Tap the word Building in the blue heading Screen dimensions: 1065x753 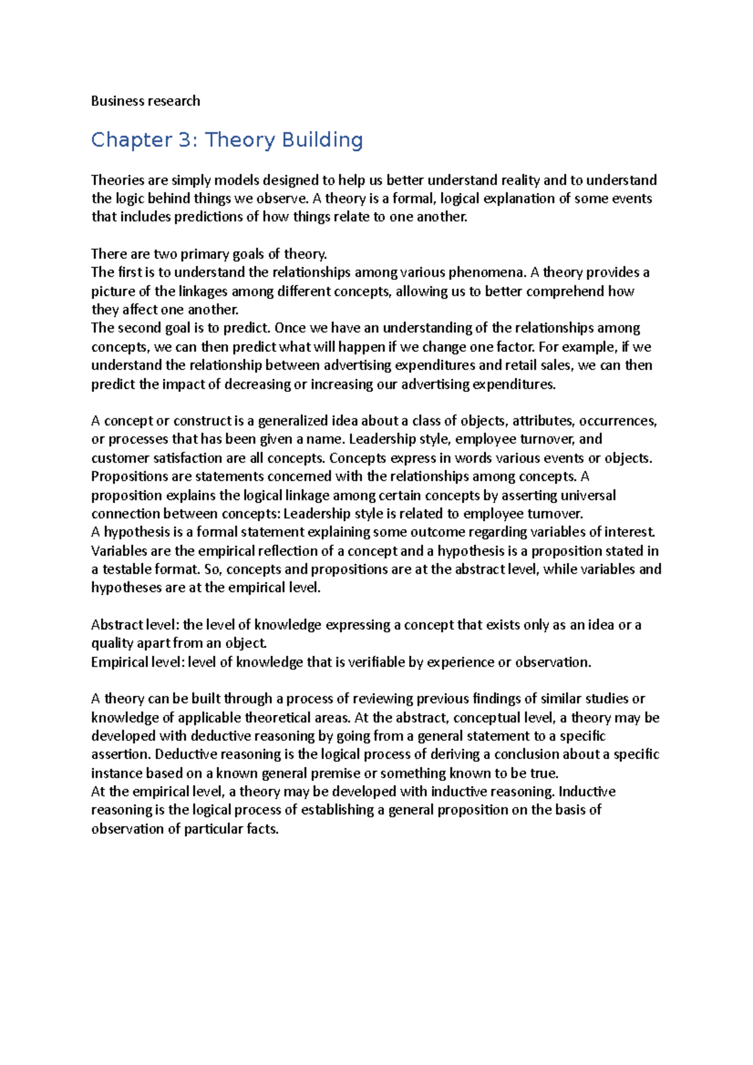point(322,140)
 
